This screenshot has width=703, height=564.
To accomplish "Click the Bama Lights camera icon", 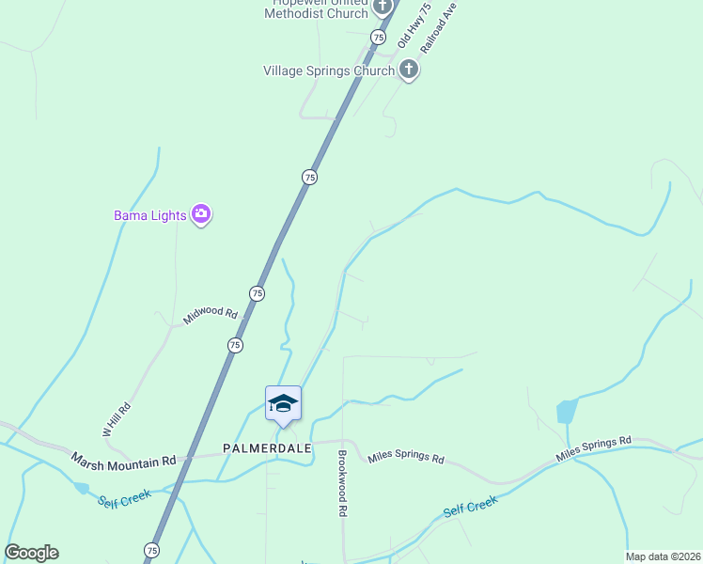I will pos(200,215).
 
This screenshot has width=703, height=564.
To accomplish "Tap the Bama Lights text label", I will pos(150,215).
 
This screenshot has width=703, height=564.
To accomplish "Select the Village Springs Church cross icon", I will pos(408,70).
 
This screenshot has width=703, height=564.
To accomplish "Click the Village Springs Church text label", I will pos(329,70).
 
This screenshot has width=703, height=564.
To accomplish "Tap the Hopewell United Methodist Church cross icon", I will pos(382,8).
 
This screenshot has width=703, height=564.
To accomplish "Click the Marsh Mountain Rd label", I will pos(123,460).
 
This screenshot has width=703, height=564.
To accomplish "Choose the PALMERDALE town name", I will pos(267,448).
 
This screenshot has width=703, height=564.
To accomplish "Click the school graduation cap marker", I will pos(283,404).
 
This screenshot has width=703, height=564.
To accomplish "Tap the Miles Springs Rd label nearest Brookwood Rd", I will pos(405,458).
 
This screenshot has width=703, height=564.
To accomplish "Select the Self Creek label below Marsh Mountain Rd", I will pos(124,496).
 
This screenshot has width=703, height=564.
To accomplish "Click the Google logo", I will pos(31,553).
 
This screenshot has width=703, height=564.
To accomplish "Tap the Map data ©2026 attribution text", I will pos(662,556).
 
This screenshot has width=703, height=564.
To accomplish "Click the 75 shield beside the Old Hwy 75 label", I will pos(378,37).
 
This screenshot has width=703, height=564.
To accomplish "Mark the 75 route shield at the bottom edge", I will pos(152,550).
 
